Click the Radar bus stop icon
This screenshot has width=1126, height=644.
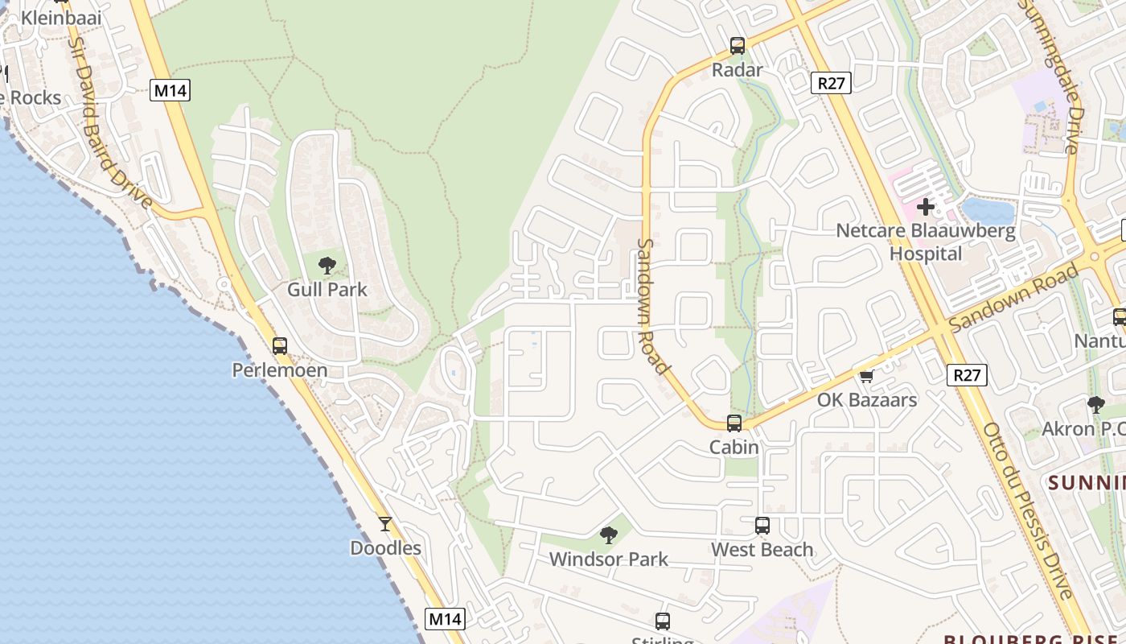pos(738,46)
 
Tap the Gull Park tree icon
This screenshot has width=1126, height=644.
pos(327,265)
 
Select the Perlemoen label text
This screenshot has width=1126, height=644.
pos(279,370)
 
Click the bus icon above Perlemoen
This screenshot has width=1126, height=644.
pos(279,346)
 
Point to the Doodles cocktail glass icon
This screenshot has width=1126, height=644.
pos(385,524)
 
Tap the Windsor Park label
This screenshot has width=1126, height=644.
pos(608,559)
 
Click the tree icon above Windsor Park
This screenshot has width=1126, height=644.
pos(609,535)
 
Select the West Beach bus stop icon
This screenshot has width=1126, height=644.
pos(762,526)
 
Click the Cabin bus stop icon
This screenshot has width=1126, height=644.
pos(734,423)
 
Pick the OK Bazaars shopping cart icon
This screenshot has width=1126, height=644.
pos(867,376)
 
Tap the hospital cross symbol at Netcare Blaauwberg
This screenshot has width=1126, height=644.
pos(925,207)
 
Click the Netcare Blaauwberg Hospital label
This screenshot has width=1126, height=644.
pos(925,242)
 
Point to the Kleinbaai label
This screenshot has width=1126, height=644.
pos(61,18)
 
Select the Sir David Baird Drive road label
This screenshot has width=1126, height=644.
pos(111,121)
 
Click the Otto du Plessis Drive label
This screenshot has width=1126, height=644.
pos(1028,510)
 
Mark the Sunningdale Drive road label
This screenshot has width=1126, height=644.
pos(1060,76)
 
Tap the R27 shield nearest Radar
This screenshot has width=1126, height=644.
pos(831,82)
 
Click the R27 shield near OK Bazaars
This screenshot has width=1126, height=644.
pos(967,374)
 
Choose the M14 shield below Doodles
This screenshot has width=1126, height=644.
pos(445,619)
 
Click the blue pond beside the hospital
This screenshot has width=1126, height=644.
pos(988,211)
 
